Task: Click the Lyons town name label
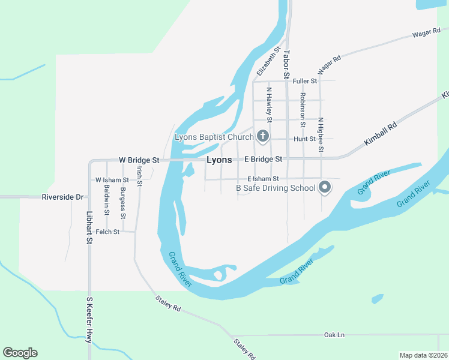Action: (219, 160)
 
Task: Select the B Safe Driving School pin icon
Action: (325, 188)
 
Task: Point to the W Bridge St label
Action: (139, 160)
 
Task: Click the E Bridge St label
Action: (263, 159)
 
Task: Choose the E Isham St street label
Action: (263, 179)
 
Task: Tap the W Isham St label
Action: (112, 180)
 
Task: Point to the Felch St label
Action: (107, 231)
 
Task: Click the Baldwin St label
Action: (106, 199)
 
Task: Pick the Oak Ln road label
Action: (334, 334)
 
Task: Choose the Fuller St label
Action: (304, 81)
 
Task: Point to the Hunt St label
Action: (304, 139)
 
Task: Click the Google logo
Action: (20, 353)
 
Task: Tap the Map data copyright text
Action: (423, 355)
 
